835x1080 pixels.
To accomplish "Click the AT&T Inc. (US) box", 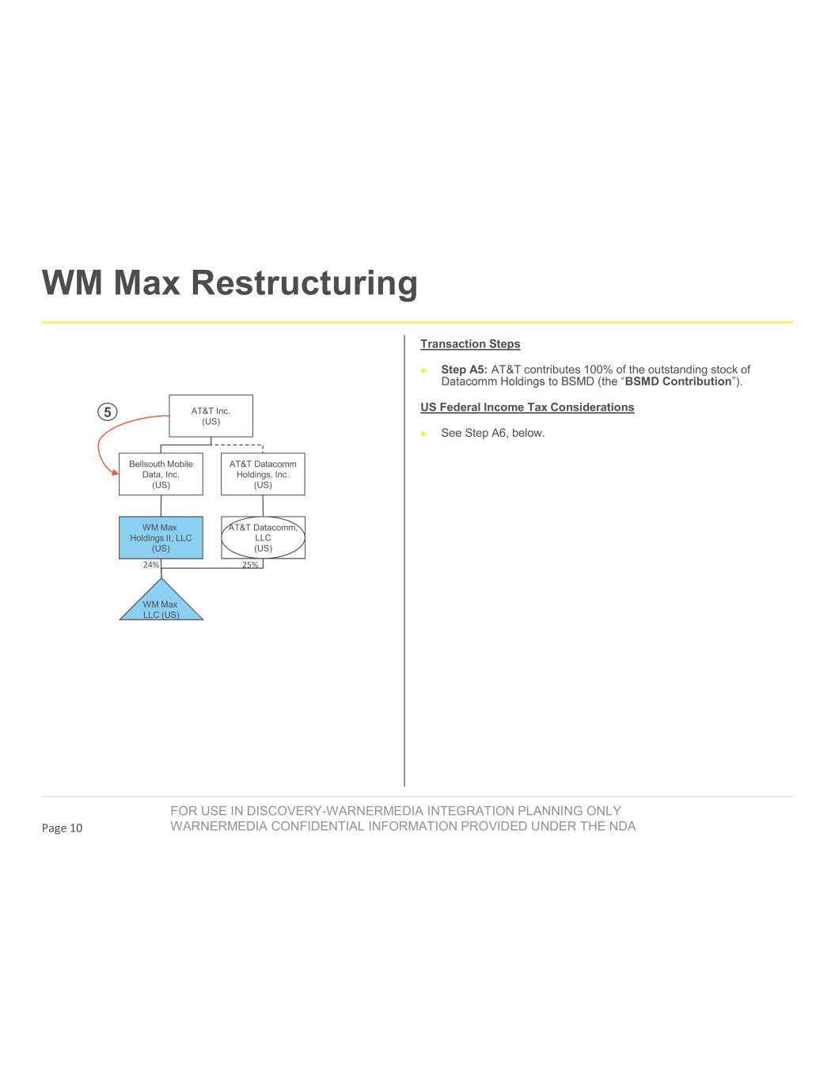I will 211,416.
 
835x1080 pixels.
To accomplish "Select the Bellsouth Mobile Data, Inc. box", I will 161,474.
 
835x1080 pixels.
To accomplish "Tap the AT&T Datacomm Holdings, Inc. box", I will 263,474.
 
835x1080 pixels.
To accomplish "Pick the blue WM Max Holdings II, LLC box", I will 161,537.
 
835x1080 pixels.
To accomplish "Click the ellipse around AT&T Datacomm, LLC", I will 263,537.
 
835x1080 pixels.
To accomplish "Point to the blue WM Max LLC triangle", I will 161,606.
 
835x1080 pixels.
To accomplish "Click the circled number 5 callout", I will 108,411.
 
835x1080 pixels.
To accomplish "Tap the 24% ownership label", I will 151,565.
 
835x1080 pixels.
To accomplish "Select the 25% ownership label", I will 250,565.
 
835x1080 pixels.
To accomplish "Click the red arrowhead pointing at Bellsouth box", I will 116,472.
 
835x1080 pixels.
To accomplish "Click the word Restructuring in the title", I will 304,283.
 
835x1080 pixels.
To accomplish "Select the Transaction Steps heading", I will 470,344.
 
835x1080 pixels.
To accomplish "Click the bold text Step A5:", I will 464,369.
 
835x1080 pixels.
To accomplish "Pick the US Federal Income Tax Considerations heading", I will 527,407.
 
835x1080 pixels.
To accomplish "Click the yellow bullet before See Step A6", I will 424,434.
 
